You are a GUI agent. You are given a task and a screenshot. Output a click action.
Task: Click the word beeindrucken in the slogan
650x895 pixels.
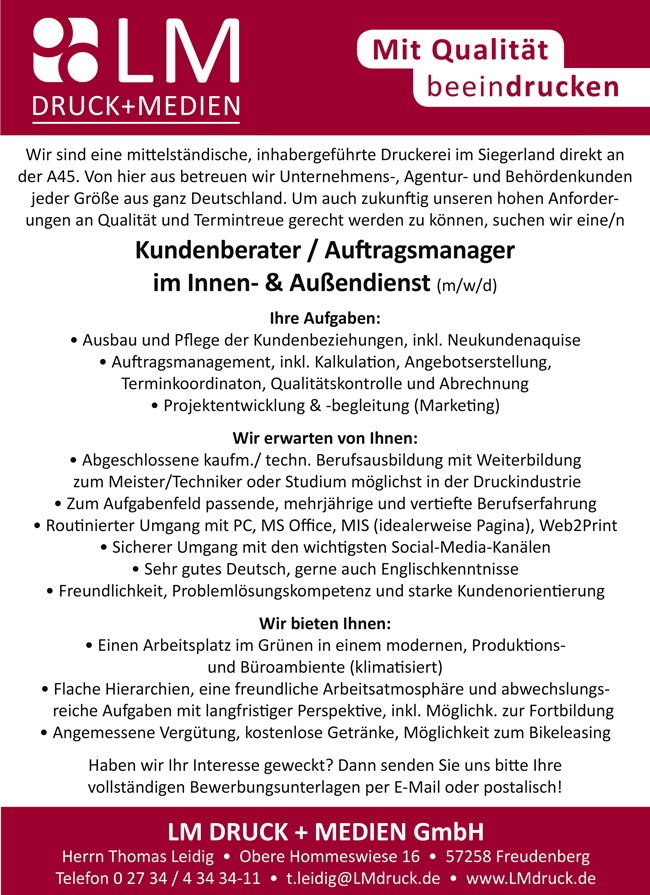(517, 87)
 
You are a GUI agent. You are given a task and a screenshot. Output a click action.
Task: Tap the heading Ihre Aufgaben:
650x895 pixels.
(325, 319)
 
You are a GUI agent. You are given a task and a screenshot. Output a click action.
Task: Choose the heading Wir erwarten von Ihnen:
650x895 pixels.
(325, 438)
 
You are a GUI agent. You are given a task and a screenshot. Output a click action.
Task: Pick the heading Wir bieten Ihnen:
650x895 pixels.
(325, 622)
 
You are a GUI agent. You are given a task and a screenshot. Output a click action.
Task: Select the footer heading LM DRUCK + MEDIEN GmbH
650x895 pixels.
(325, 830)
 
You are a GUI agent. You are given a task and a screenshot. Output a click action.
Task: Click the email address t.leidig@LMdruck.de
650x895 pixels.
(363, 878)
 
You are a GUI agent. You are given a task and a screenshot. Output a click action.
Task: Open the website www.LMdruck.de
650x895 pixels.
(531, 878)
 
